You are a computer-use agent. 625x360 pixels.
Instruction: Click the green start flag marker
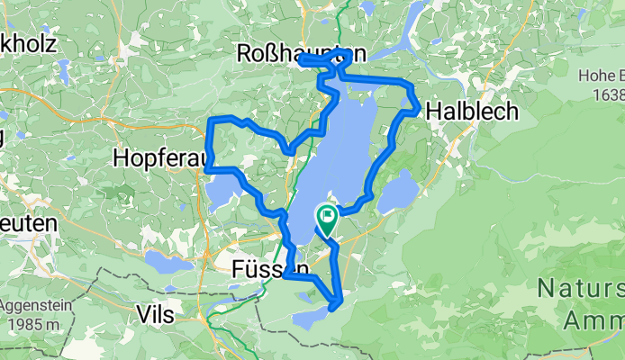click(325, 217)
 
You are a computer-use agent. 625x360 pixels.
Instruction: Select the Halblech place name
click(473, 111)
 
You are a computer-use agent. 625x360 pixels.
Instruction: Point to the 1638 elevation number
click(606, 93)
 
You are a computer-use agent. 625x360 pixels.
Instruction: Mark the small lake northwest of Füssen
click(168, 263)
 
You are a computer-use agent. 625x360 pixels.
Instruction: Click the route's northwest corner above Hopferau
click(213, 121)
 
